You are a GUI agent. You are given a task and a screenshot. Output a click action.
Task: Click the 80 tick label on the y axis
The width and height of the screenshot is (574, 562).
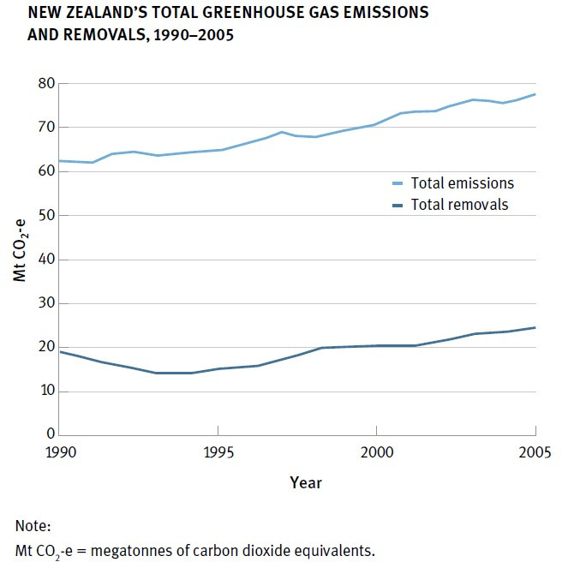[x=45, y=84]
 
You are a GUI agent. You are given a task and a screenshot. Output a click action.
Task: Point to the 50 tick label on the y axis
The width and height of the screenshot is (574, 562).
[x=45, y=216]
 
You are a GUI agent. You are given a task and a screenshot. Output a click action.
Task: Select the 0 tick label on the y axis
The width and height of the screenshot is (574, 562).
[x=49, y=434]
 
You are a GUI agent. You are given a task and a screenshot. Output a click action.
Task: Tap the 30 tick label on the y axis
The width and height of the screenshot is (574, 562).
[x=45, y=303]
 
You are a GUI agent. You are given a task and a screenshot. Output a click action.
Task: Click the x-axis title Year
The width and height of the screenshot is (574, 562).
[x=305, y=483]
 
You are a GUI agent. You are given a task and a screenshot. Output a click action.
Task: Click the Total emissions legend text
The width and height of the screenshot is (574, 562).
[x=462, y=182]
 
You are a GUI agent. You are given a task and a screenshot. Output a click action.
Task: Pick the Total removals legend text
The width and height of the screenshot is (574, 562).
[x=459, y=204]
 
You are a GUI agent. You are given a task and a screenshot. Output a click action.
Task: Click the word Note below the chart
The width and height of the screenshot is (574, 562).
[x=33, y=525]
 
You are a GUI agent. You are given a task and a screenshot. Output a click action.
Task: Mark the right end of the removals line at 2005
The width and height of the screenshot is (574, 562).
[x=535, y=327]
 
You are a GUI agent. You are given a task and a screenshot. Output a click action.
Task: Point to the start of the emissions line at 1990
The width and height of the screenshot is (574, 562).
[x=61, y=161]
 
